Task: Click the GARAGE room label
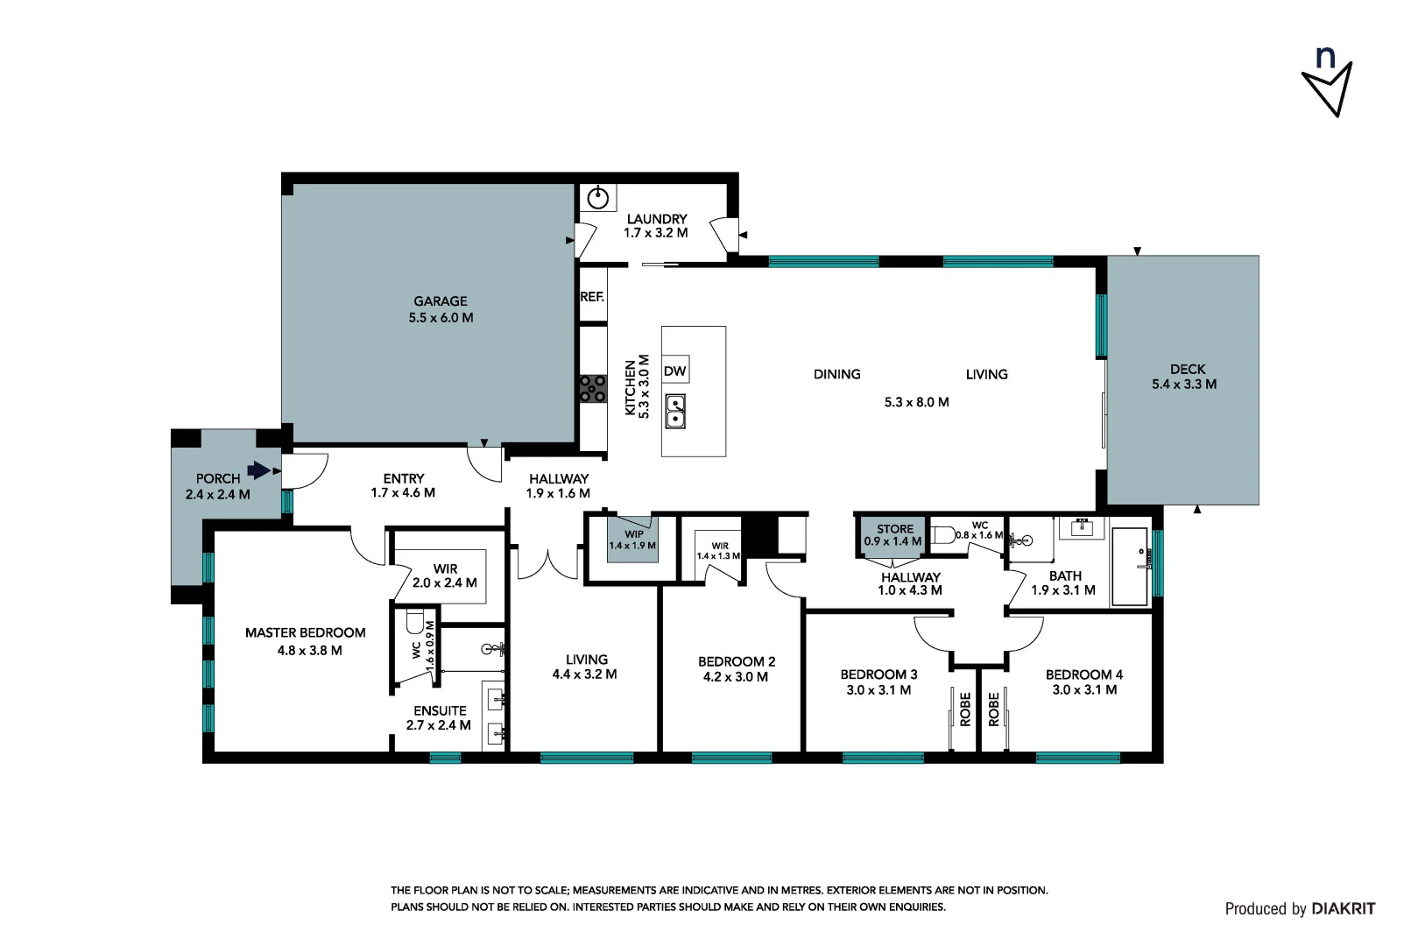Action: pos(441,301)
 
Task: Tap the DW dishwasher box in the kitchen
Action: pos(674,371)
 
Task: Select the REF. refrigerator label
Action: pos(592,297)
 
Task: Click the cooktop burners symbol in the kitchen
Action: pos(593,389)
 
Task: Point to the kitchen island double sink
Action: pos(675,411)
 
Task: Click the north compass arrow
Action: pos(1328,88)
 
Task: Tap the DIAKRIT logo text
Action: pos(1343,909)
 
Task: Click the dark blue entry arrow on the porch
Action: pos(258,470)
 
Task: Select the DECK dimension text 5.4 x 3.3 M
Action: pos(1183,385)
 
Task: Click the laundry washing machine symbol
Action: pos(598,198)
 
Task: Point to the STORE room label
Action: pos(894,529)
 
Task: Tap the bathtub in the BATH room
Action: pos(1129,566)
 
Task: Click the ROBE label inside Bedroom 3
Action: pos(965,709)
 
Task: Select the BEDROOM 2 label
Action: pos(736,661)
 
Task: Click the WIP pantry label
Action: pos(633,534)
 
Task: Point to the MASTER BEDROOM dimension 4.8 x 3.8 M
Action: pos(309,651)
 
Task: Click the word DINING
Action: pos(836,374)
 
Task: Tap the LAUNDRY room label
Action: pos(656,219)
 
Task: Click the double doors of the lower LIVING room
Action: pos(548,565)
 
